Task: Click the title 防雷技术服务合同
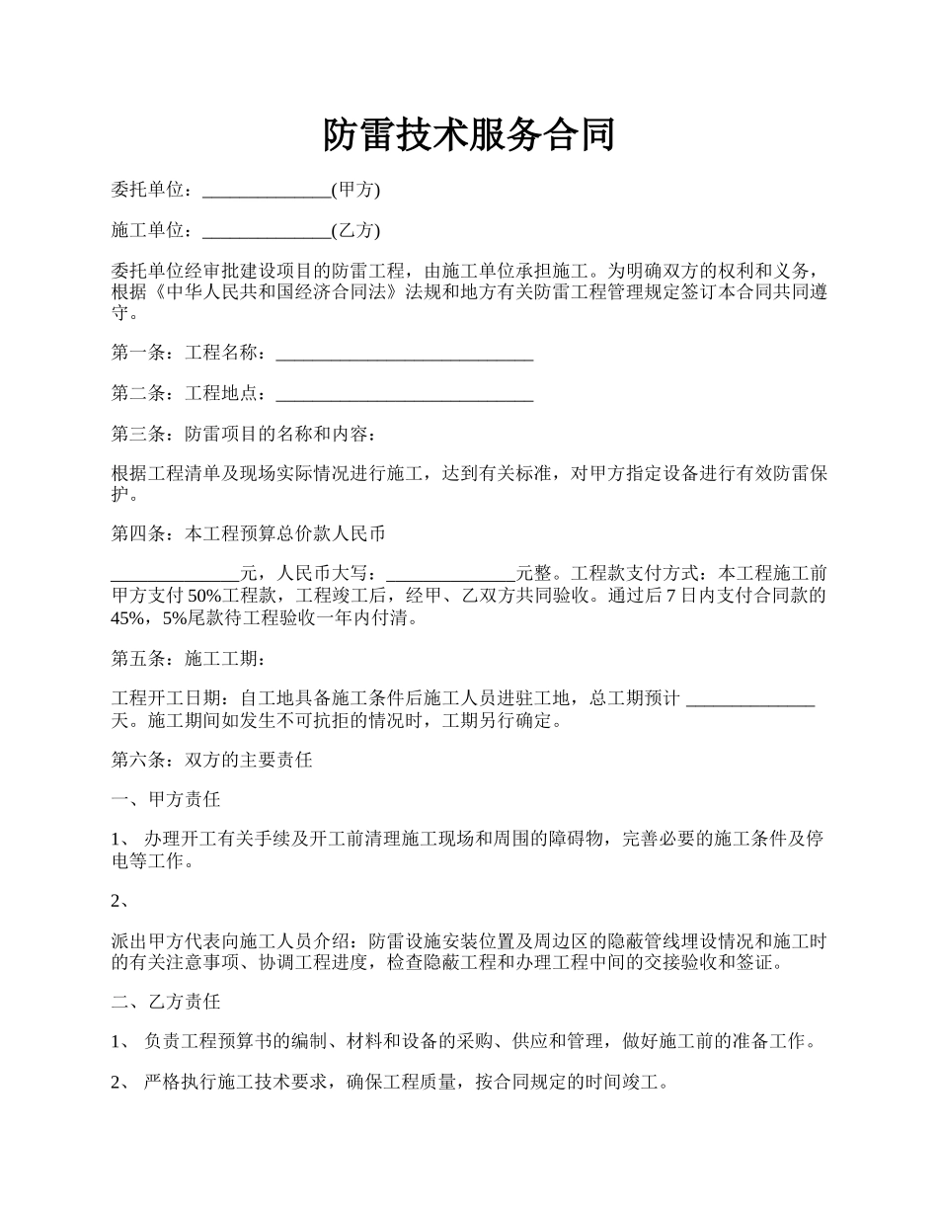tap(469, 135)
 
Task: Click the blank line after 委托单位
tap(267, 190)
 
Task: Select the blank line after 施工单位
tap(267, 231)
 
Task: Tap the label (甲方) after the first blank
tap(355, 190)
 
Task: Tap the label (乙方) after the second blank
tap(355, 231)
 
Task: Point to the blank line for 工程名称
tap(404, 353)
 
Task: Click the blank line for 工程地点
tap(404, 394)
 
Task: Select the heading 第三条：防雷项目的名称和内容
tap(243, 434)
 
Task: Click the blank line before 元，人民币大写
tap(176, 574)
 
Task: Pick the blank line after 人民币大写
tap(451, 574)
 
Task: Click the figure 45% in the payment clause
tap(129, 619)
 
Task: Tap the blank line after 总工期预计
tap(749, 699)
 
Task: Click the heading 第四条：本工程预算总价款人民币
tap(248, 534)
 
